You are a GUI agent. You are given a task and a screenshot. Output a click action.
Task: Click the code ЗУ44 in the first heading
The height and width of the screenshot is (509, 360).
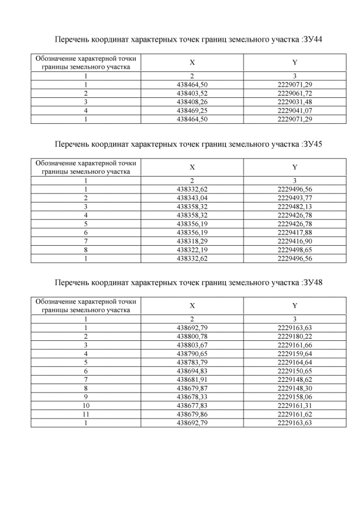pos(314,40)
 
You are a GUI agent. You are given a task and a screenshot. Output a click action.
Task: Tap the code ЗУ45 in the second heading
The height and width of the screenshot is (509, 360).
pos(314,144)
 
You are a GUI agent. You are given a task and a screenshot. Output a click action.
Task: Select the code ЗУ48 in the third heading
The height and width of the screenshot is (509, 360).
pos(314,282)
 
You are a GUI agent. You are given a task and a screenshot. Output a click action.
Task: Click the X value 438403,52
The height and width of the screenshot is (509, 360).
pos(192,93)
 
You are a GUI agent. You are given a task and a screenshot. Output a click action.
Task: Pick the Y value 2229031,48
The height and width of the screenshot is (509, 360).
pos(295,102)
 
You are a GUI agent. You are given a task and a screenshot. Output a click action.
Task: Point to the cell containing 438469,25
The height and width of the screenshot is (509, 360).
pos(192,111)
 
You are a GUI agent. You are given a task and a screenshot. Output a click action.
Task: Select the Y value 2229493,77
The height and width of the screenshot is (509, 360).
pos(295,197)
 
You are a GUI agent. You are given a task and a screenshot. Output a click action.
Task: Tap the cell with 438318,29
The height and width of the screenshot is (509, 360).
pos(192,241)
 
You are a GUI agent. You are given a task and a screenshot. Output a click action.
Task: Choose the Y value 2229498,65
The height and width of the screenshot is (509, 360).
pos(295,250)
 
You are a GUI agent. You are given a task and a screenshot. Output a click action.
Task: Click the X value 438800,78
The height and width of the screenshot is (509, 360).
pos(192,336)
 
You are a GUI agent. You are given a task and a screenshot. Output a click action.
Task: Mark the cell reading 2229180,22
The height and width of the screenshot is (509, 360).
pos(295,336)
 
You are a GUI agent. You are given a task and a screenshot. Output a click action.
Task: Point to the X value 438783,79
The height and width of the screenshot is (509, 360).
pos(192,362)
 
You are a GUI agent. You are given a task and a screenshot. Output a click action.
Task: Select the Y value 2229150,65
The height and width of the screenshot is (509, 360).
pos(295,371)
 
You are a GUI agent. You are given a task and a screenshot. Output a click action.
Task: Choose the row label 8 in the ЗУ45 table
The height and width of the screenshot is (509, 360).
pos(86,250)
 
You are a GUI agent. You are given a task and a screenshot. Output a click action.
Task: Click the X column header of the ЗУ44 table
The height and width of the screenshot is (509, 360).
pos(192,62)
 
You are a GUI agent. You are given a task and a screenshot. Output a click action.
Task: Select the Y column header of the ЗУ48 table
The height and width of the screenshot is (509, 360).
pos(295,305)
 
